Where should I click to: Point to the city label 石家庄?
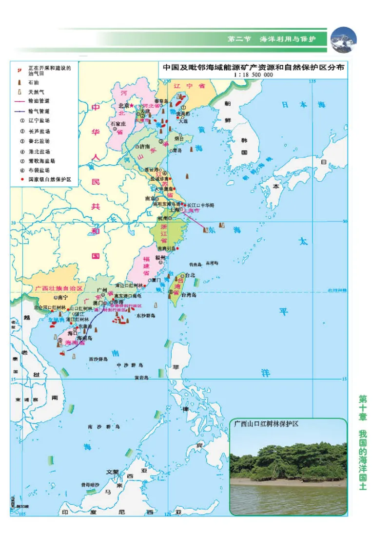[x=118, y=124]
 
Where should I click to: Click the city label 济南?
[x=144, y=146]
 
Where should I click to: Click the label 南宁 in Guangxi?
[x=62, y=297]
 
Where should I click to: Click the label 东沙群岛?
[x=145, y=315]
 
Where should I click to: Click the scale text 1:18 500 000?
[x=253, y=75]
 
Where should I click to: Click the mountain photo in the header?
[x=344, y=39]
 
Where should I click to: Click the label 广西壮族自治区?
[x=60, y=288]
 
